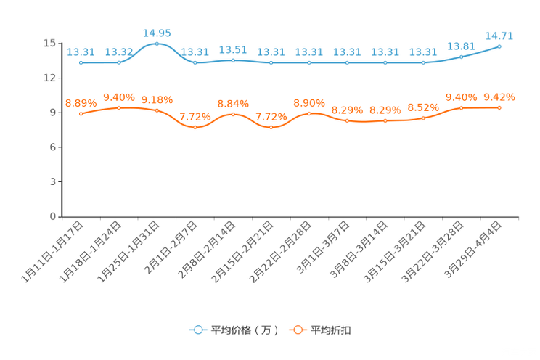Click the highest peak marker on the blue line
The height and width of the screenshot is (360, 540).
[x=157, y=44]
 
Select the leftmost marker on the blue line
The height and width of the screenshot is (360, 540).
[x=81, y=63]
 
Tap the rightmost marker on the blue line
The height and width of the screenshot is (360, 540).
[x=499, y=46]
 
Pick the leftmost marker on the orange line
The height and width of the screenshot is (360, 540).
[x=81, y=114]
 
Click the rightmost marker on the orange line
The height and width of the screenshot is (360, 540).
[x=499, y=108]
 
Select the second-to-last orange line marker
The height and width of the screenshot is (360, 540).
[x=461, y=108]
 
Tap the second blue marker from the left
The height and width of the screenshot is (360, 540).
[x=119, y=63]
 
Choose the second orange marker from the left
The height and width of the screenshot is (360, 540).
[x=119, y=108]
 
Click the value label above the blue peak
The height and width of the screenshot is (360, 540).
[x=157, y=33]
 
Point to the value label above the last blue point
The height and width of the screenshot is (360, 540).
[x=499, y=35]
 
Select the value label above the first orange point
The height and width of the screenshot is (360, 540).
[x=81, y=103]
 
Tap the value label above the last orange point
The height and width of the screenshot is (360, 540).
[x=499, y=97]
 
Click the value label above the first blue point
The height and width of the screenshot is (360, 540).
[x=81, y=52]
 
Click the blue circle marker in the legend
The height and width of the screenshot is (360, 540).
[x=197, y=330]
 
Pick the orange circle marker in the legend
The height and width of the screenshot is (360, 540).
[x=296, y=330]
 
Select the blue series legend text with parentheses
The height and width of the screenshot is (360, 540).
[x=245, y=330]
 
